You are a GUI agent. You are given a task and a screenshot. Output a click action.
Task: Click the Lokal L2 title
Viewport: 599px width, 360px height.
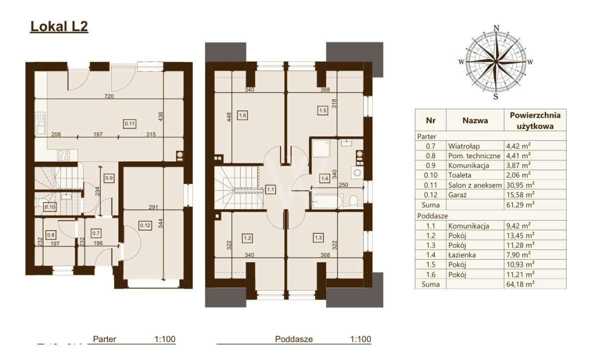(x=59, y=26)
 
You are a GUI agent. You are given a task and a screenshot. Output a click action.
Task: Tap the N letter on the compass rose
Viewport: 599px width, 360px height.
(x=496, y=27)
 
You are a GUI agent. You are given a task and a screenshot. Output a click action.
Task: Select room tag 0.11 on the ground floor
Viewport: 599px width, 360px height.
(x=130, y=123)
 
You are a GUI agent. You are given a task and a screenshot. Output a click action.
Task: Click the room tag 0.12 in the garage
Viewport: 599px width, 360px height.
(x=132, y=225)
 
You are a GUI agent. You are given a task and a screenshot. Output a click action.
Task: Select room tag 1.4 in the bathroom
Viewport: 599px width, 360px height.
(x=324, y=177)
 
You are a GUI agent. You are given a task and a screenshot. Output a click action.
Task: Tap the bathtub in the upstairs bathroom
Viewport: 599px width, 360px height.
(x=326, y=202)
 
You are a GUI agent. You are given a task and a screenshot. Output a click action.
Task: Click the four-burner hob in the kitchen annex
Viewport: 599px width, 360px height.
(x=63, y=155)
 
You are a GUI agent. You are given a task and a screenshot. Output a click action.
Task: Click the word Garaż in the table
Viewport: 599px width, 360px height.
(x=458, y=194)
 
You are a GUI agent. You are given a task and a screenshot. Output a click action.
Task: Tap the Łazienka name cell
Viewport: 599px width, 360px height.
(x=461, y=255)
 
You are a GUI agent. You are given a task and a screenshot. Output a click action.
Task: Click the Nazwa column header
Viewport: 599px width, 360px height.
(x=475, y=120)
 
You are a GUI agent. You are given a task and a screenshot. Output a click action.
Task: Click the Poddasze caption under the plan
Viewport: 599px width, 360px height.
(x=294, y=339)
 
